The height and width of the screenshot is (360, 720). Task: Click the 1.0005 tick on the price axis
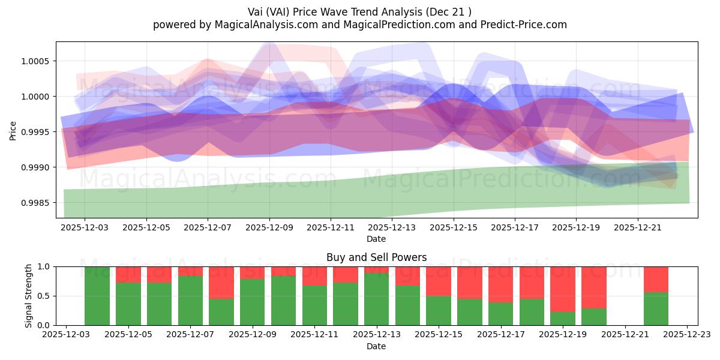[x=37, y=61]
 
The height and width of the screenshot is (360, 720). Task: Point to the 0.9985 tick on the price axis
[x=37, y=203]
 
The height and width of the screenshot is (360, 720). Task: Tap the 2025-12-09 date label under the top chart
[x=269, y=228]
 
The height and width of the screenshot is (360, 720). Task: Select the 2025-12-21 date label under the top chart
[x=638, y=228]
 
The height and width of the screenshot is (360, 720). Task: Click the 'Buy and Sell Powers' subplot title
[x=376, y=257]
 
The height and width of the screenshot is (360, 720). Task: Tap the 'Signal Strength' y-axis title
[x=29, y=296]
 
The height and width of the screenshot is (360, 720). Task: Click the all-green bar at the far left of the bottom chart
[x=97, y=296]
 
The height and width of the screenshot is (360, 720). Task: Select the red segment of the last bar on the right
[x=656, y=279]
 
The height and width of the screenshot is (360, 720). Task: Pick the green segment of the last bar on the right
[x=656, y=308]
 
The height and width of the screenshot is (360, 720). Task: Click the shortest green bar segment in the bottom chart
[x=563, y=319]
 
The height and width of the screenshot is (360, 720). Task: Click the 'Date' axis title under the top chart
[x=376, y=239]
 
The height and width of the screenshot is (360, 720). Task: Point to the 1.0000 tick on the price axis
[x=37, y=97]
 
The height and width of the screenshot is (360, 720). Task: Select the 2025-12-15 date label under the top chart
[x=454, y=228]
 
